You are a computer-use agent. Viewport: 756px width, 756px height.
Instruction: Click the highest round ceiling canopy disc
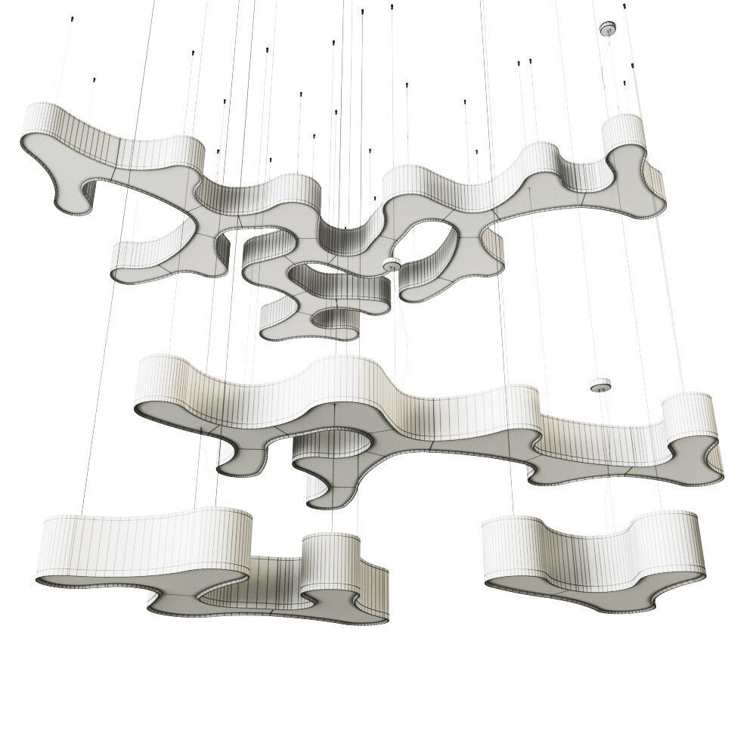click(x=607, y=29)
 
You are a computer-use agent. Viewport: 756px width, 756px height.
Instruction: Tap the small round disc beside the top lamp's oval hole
click(x=392, y=264)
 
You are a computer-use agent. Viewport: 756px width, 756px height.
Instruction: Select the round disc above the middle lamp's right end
click(x=601, y=386)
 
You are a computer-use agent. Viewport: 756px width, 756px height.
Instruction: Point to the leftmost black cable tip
click(x=94, y=78)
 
